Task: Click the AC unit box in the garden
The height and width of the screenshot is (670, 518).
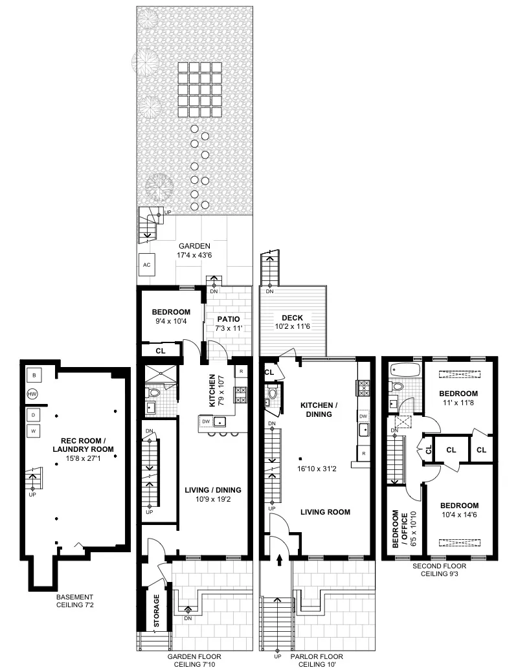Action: [x=146, y=265]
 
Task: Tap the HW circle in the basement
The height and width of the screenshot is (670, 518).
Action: [x=32, y=394]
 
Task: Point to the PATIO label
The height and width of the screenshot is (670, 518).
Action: [x=228, y=319]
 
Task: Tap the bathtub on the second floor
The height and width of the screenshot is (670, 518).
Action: [x=405, y=372]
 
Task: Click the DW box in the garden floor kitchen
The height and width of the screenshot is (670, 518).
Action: [x=206, y=422]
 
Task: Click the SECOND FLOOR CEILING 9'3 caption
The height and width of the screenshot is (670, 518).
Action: [x=440, y=569]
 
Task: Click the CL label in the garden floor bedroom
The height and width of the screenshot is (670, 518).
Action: [x=160, y=350]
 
